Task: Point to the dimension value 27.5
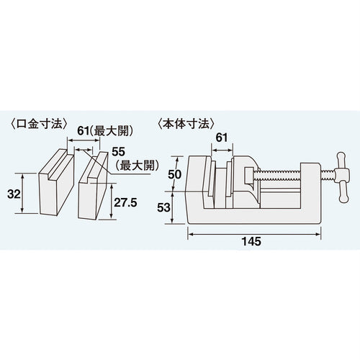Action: tap(127, 204)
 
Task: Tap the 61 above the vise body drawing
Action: tap(221, 137)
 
